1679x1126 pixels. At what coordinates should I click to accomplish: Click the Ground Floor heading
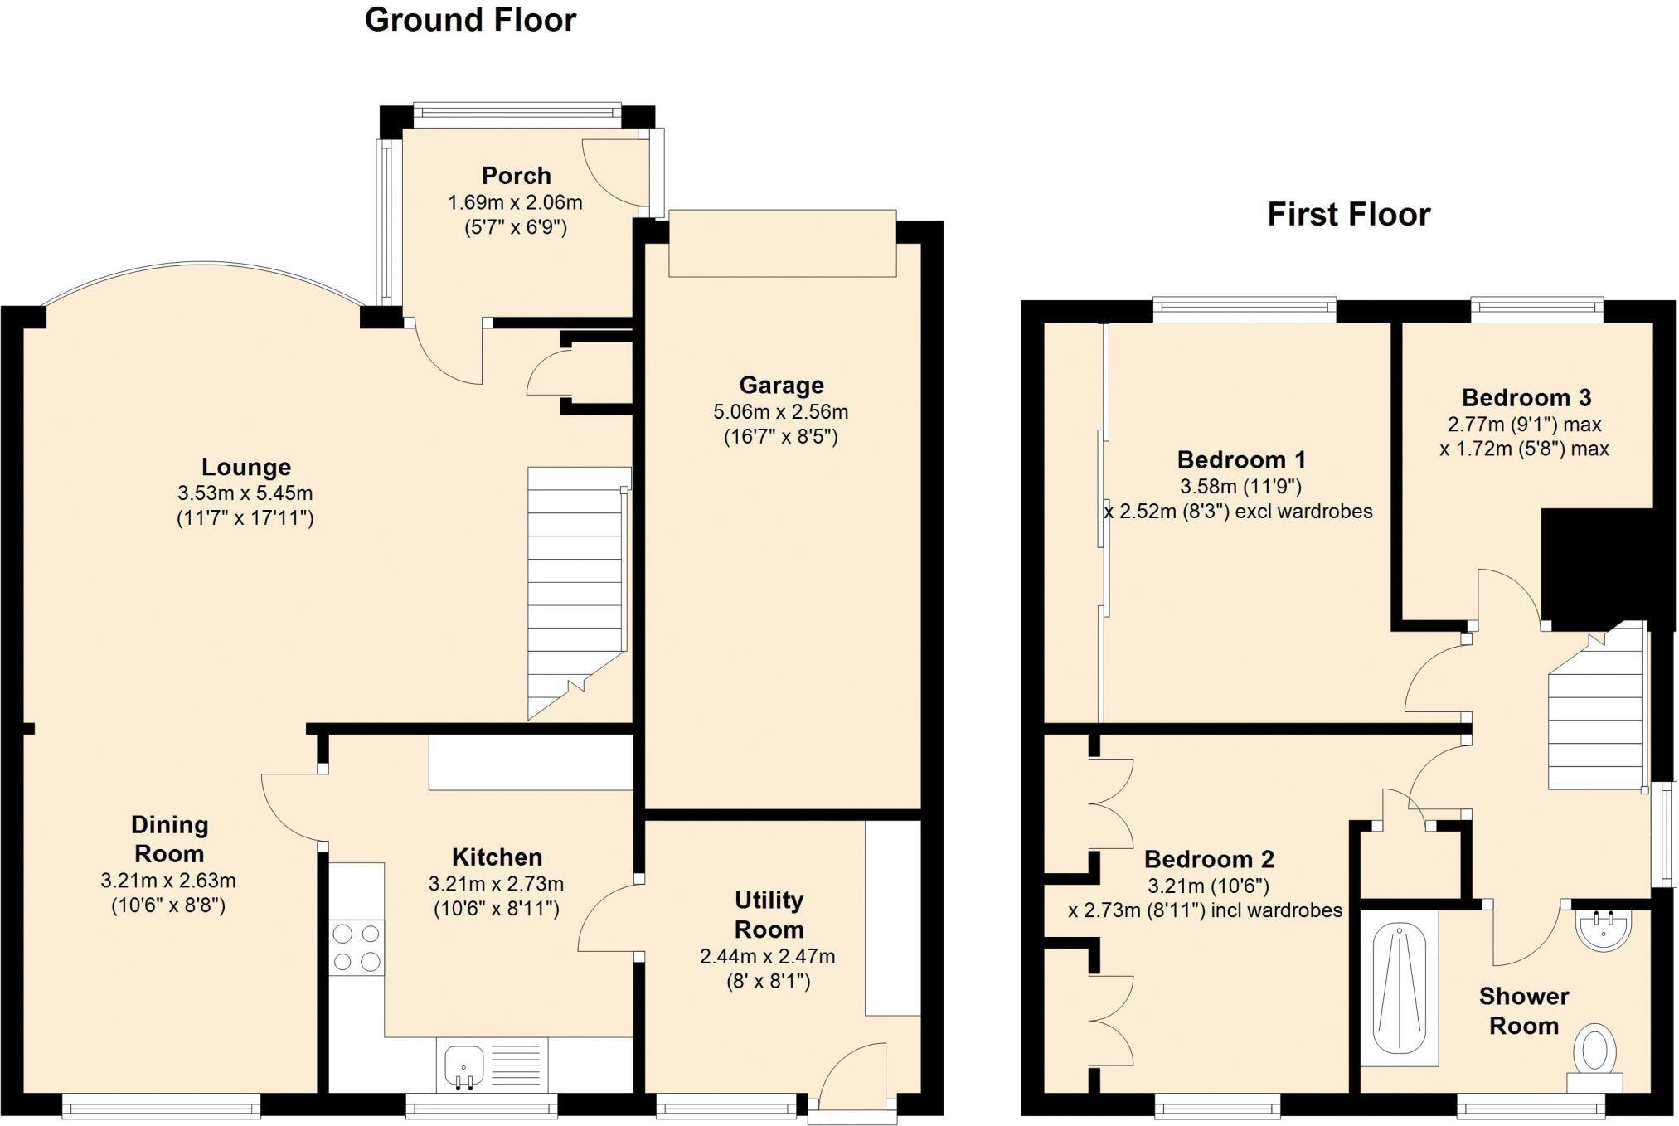tap(470, 20)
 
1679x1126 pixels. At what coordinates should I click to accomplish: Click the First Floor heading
tap(1348, 215)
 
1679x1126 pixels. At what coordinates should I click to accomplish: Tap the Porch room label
tap(516, 176)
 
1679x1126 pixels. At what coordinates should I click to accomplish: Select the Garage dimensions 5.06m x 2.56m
tap(780, 411)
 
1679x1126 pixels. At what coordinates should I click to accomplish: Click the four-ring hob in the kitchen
tap(357, 948)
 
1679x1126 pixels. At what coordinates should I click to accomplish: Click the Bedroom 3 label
tap(1526, 398)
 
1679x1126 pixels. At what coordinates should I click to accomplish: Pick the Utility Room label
tap(769, 915)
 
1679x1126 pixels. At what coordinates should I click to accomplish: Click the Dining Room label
tap(169, 839)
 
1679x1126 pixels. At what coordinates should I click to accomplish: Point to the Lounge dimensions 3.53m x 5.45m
tap(245, 493)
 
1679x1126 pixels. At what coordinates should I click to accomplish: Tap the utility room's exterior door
tap(854, 1074)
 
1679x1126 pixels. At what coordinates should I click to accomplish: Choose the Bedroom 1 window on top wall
tap(1244, 311)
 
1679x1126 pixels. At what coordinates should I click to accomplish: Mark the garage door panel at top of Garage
tap(782, 243)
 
